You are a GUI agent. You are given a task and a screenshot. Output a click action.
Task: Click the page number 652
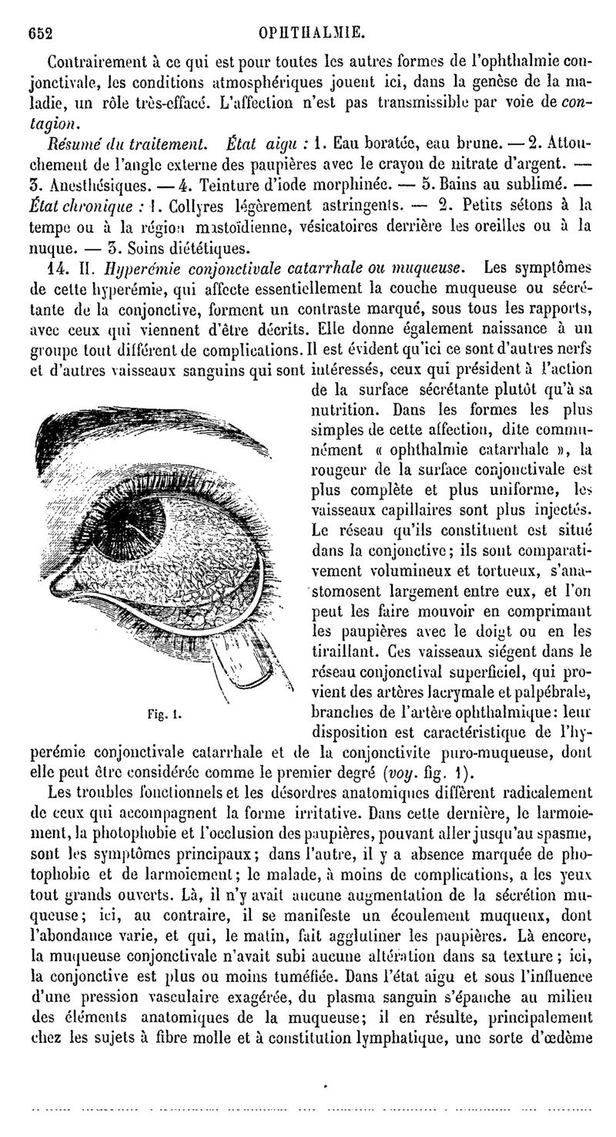point(39,33)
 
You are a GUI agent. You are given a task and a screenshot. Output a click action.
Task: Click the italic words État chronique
point(88,207)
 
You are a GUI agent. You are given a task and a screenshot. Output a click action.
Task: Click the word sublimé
point(545,186)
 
